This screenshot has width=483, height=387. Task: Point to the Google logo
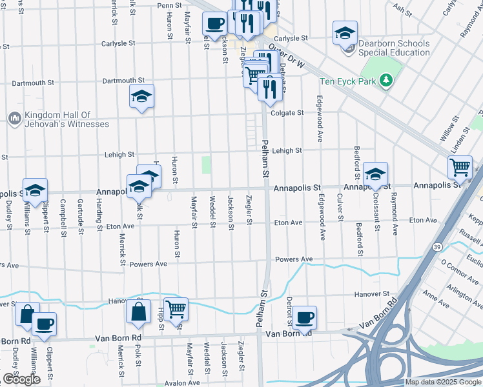pyautogui.click(x=21, y=379)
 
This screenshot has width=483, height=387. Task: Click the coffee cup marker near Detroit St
pyautogui.click(x=304, y=317)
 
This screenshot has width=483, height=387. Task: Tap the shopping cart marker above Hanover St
pyautogui.click(x=176, y=309)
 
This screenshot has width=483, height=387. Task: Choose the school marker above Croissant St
pyautogui.click(x=375, y=174)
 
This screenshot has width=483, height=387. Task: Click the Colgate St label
pyautogui.click(x=287, y=113)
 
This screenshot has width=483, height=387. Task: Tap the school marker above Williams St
pyautogui.click(x=35, y=190)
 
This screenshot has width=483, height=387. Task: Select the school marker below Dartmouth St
pyautogui.click(x=141, y=96)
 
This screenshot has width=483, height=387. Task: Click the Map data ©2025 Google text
pyautogui.click(x=442, y=382)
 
